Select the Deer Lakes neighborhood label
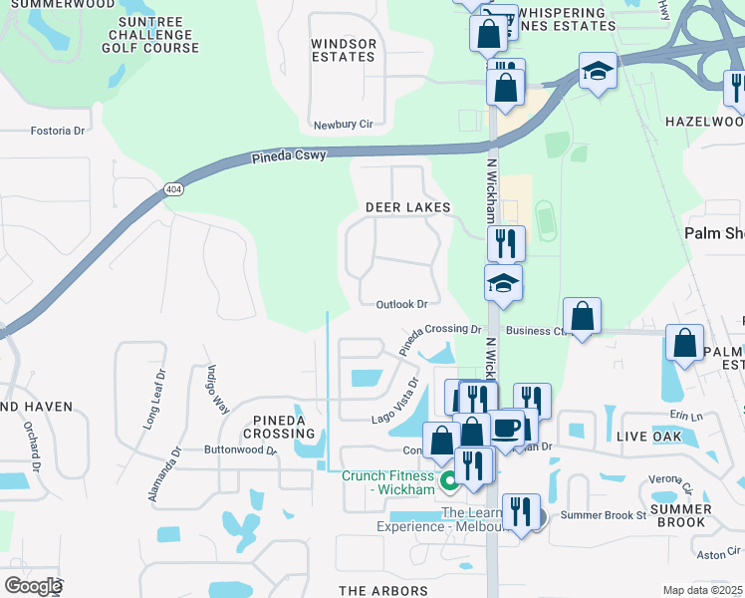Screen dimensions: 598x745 pyautogui.click(x=407, y=207)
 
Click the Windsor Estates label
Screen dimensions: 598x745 pyautogui.click(x=344, y=51)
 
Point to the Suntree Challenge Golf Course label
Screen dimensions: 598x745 pyautogui.click(x=157, y=34)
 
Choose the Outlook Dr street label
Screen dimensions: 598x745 pyautogui.click(x=401, y=304)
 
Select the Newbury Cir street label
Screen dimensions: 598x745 pyautogui.click(x=343, y=125)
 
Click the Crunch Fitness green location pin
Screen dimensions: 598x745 pyautogui.click(x=449, y=482)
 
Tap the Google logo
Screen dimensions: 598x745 pyautogui.click(x=33, y=586)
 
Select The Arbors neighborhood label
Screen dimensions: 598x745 pyautogui.click(x=383, y=591)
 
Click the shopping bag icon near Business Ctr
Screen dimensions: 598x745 pyautogui.click(x=583, y=317)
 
